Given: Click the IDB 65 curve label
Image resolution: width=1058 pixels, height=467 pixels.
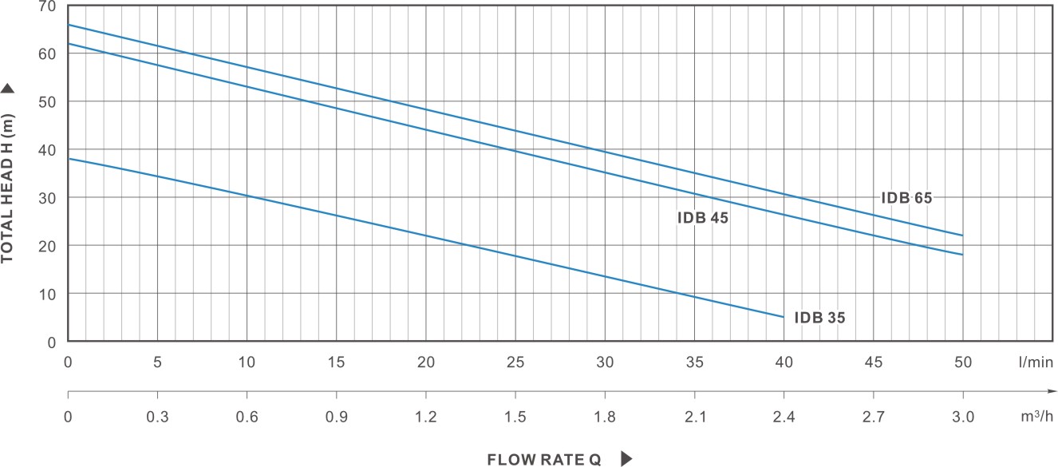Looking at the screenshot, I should click(x=906, y=198).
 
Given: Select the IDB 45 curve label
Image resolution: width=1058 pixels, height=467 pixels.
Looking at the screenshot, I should click(x=703, y=217).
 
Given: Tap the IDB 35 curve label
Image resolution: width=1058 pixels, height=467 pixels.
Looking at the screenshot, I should click(x=819, y=318).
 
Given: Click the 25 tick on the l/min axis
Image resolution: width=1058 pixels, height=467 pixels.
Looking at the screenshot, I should click(x=515, y=362).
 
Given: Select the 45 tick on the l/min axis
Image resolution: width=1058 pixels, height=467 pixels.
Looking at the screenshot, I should click(x=874, y=362).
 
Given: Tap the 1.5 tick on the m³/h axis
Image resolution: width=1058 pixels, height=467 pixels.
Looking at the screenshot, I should click(x=515, y=417).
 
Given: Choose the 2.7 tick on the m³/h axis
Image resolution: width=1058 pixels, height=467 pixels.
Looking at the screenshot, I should click(x=874, y=417).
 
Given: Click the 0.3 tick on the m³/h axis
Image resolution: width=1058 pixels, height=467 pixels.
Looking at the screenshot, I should click(x=157, y=417).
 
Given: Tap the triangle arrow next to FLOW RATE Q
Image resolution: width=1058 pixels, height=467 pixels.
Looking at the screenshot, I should click(x=626, y=459).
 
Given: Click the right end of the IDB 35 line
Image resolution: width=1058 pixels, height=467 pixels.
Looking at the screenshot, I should click(x=784, y=317).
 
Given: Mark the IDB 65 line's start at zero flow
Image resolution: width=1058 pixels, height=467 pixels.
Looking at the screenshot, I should click(x=69, y=25).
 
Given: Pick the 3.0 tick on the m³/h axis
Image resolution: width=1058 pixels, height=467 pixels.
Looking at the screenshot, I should click(x=963, y=417).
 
